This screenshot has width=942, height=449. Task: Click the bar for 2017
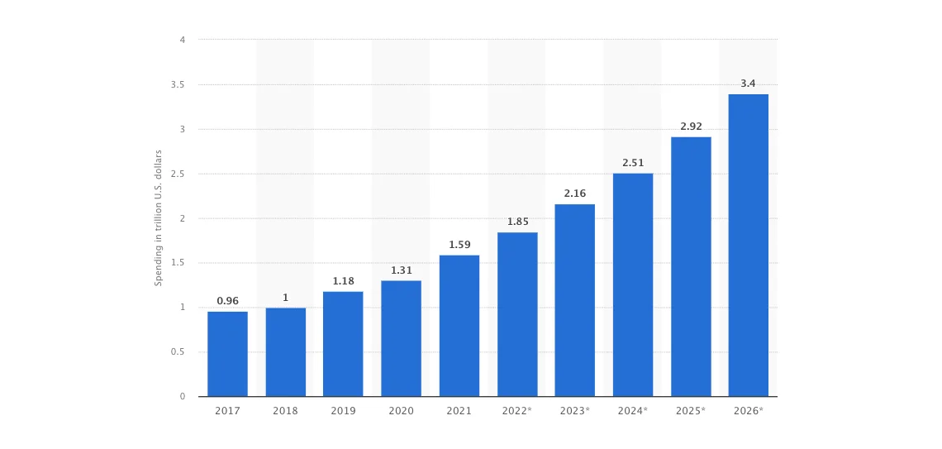pyautogui.click(x=227, y=354)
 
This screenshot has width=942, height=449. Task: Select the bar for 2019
pyautogui.click(x=343, y=344)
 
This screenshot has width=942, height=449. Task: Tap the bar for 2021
pyautogui.click(x=459, y=326)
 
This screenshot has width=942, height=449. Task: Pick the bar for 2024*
pyautogui.click(x=633, y=284)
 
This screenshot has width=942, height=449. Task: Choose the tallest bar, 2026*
pyautogui.click(x=748, y=245)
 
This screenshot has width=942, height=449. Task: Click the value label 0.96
pyautogui.click(x=227, y=301)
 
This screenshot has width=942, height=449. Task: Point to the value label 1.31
pyautogui.click(x=401, y=270)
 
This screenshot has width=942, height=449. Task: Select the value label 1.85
pyautogui.click(x=517, y=222)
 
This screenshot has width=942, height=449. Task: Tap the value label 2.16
pyautogui.click(x=575, y=193)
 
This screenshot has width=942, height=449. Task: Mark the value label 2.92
pyautogui.click(x=691, y=127)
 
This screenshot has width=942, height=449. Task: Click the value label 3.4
pyautogui.click(x=748, y=84)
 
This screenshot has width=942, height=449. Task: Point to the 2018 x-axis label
pyautogui.click(x=285, y=410)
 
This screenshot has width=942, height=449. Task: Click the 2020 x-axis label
pyautogui.click(x=401, y=410)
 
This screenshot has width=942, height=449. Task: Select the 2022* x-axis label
pyautogui.click(x=517, y=410)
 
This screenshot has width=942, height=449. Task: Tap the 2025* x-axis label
pyautogui.click(x=691, y=410)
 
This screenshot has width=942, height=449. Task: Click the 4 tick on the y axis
pyautogui.click(x=182, y=40)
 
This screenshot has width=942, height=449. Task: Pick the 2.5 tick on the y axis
pyautogui.click(x=178, y=174)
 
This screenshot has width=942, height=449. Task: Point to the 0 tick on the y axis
pyautogui.click(x=182, y=397)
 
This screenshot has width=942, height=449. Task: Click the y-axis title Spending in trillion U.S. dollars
pyautogui.click(x=159, y=218)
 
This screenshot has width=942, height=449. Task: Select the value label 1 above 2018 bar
pyautogui.click(x=285, y=298)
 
